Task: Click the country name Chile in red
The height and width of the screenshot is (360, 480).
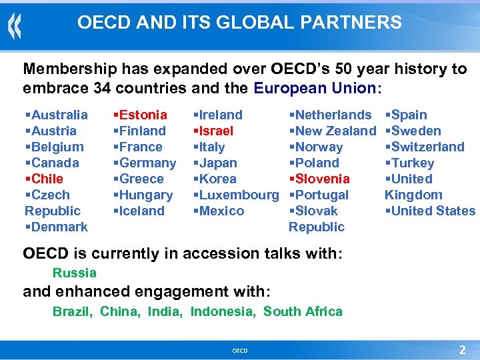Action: pos(47,179)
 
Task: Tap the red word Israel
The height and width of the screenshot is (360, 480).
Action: pos(217,131)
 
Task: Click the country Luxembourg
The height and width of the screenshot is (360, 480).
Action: pos(239,195)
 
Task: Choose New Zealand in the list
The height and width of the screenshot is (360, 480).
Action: pos(335,131)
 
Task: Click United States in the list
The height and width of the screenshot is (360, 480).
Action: pos(433,211)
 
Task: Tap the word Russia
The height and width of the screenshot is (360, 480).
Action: pos(75,273)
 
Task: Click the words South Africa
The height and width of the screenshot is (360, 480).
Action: pos(303,311)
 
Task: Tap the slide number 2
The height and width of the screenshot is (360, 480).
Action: pos(462,349)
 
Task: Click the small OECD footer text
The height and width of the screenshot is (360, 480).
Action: pos(239,350)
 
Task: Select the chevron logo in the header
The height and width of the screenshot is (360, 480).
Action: pos(14,27)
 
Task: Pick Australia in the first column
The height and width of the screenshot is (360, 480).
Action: pos(59,115)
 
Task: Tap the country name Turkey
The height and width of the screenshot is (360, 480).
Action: pos(413,163)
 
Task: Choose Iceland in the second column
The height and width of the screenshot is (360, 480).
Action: pos(142,211)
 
